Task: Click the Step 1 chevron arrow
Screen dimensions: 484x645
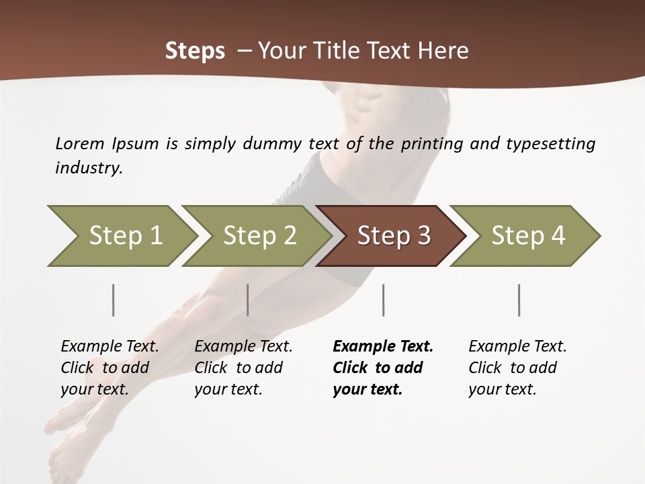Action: click(x=125, y=236)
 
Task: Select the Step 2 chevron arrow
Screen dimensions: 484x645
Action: click(x=259, y=236)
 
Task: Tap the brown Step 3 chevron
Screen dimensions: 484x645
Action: click(x=394, y=236)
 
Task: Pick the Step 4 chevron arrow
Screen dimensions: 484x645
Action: click(x=528, y=236)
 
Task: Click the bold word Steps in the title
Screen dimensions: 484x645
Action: click(x=195, y=51)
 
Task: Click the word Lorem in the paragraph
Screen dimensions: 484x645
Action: click(x=79, y=144)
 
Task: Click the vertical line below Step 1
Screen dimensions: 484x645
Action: click(x=114, y=300)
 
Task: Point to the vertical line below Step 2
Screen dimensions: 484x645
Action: click(x=248, y=300)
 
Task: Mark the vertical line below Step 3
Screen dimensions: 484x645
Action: click(x=384, y=300)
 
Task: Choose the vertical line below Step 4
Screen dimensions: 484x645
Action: click(x=519, y=300)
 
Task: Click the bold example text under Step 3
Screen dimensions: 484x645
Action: click(x=382, y=368)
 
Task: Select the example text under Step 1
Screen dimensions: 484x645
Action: click(x=110, y=368)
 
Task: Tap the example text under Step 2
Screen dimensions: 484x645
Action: click(x=243, y=368)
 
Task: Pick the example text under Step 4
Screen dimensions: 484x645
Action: click(x=517, y=368)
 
